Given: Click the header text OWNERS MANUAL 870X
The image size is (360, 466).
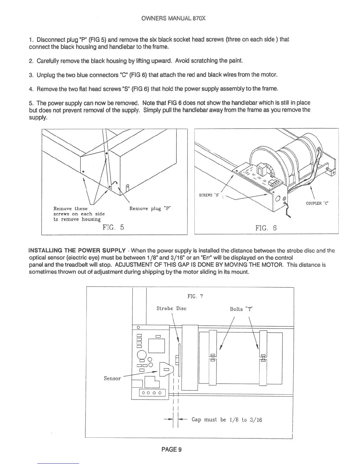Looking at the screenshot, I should tap(173, 18).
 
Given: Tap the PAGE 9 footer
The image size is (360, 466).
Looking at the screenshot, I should tap(171, 449).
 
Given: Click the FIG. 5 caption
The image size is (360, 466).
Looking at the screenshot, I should tap(113, 227).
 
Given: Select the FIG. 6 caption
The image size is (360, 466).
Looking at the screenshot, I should tap(266, 228).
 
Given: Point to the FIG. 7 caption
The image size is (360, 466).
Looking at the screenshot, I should tap(195, 296).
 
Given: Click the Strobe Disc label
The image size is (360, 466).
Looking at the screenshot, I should tap(171, 308).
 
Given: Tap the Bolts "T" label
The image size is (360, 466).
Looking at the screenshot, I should tap(241, 309).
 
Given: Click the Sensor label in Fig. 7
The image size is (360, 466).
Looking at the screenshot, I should tap(112, 378).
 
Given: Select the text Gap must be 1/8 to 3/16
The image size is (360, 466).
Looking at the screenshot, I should tap(226, 420).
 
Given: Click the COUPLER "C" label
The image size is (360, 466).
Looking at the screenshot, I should tap(317, 203).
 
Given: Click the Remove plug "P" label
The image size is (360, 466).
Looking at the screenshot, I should tap(150, 209).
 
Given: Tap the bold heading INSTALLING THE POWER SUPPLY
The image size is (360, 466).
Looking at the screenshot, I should tap(77, 251).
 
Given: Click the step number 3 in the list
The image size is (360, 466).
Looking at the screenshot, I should tap(31, 75).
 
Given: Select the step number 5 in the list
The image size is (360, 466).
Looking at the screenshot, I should tap(31, 103).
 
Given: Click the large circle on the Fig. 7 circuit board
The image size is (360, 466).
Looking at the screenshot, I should tap(142, 355).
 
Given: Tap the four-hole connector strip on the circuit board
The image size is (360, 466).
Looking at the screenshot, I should tap(152, 393).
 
